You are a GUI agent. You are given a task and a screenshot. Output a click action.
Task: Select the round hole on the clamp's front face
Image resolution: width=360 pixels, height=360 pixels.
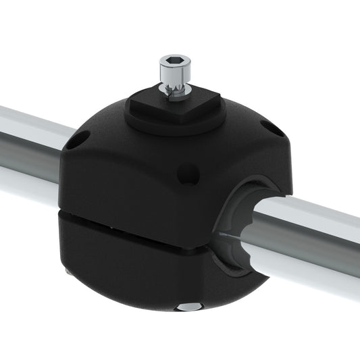point(187,174)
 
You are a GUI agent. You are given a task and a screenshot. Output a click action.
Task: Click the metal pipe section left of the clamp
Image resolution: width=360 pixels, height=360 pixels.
point(30,152)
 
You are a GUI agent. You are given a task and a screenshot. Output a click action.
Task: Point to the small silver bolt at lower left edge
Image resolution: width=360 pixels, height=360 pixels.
point(69,271)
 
